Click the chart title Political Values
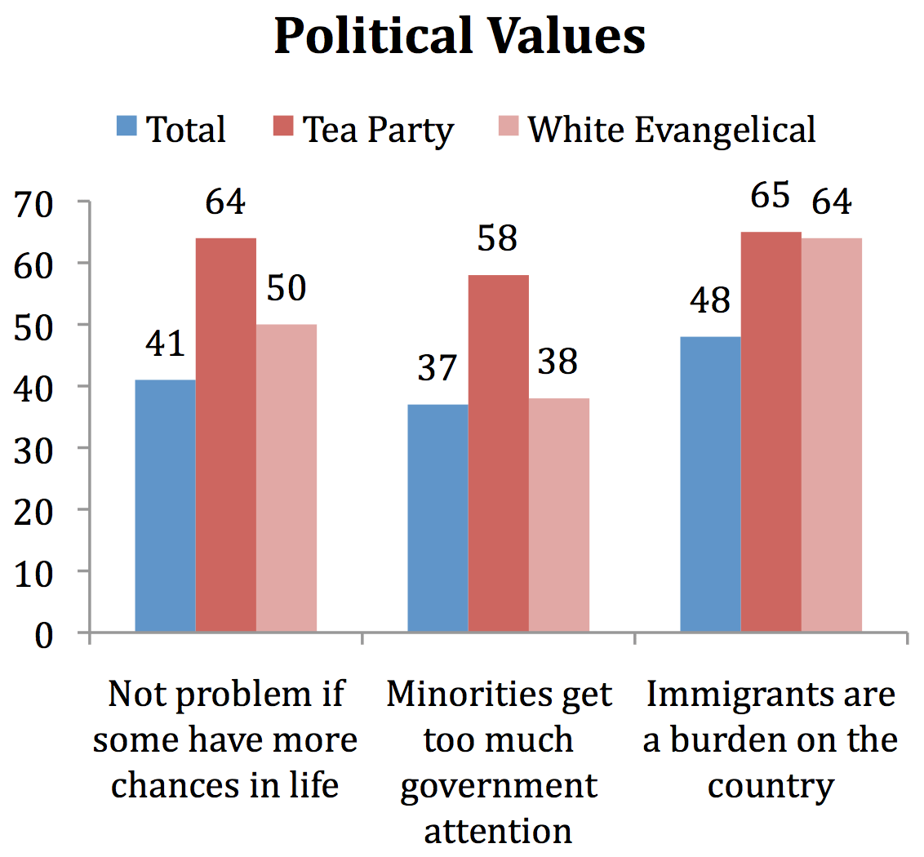tap(460, 37)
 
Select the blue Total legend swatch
tap(127, 129)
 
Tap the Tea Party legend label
tap(378, 130)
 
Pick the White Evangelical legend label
tap(671, 130)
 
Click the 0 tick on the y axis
tap(44, 633)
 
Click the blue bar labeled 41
tap(166, 506)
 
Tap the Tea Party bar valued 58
tap(498, 453)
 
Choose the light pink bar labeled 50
tap(287, 477)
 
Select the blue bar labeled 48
tap(710, 484)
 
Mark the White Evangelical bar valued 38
tap(558, 515)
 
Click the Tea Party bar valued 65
tap(771, 432)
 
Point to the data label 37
tap(438, 370)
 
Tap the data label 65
tap(771, 198)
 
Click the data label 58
tap(498, 240)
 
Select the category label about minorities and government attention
tap(499, 762)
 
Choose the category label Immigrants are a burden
tap(771, 739)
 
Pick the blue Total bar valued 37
tap(438, 518)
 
